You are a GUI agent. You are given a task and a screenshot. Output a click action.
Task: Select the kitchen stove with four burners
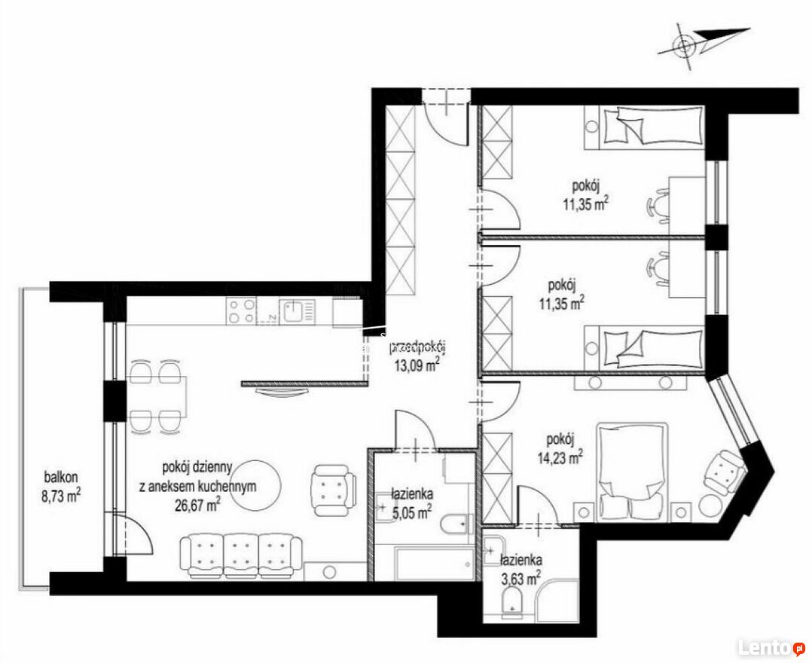click(241, 310)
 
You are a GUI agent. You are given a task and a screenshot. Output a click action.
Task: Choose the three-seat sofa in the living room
click(241, 557)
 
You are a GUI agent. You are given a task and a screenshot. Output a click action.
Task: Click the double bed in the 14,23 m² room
click(630, 472)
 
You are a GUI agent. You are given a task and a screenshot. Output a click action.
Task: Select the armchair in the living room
click(334, 490)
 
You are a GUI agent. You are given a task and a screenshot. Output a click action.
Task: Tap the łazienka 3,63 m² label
click(521, 568)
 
